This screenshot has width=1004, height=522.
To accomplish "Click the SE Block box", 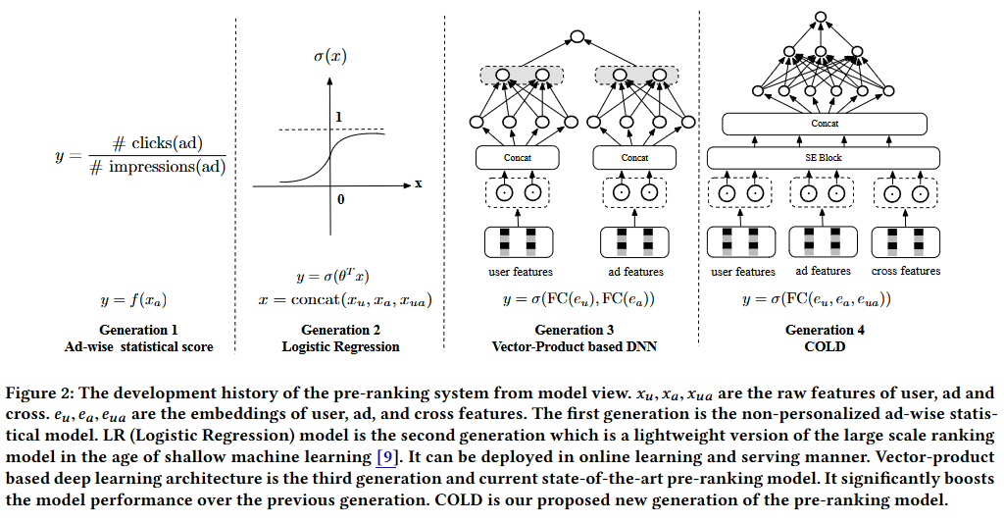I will pos(825,157).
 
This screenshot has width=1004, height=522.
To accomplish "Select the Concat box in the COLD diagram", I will pos(825,124).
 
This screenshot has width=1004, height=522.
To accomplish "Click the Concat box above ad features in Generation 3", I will pos(634,157).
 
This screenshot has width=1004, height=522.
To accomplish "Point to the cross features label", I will pos(905,271).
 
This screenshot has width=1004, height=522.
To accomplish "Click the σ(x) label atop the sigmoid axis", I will pos(329,56).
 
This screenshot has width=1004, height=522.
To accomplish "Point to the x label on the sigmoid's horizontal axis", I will pos(418,183).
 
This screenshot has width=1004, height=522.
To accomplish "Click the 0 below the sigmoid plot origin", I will pos(341,200).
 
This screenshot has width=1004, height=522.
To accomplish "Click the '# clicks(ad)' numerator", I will pos(161,142).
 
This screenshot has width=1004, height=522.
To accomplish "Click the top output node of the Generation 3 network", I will pos(577,38).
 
